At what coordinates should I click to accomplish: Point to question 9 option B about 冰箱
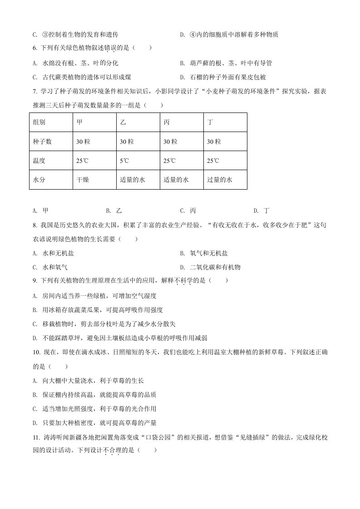(98, 309)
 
